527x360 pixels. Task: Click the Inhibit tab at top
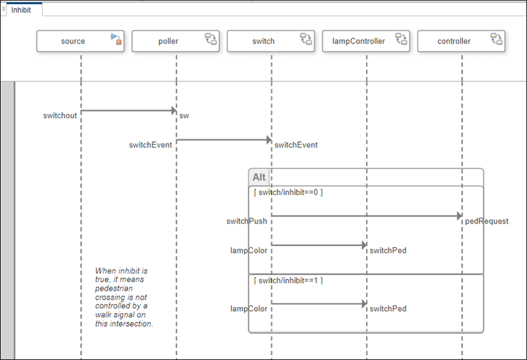[x=22, y=10]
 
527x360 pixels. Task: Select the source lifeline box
[x=73, y=41]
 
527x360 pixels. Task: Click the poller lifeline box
[x=168, y=41]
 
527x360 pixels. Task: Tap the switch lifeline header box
[x=263, y=41]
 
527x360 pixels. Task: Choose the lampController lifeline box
[x=359, y=41]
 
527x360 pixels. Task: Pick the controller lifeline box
[x=454, y=41]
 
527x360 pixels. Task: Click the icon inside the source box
[x=116, y=39]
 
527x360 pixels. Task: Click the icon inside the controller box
[x=496, y=39]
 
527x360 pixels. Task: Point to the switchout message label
[x=60, y=115]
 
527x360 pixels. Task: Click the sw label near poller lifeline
[x=184, y=115]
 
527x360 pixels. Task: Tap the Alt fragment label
[x=259, y=177]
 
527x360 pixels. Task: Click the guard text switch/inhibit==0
[x=288, y=192]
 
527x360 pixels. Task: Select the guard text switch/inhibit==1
[x=288, y=281]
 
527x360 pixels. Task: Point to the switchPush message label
[x=247, y=221]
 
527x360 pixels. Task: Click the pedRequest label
[x=486, y=221]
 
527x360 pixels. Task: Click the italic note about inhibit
[x=124, y=297]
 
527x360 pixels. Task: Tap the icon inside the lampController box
[x=401, y=39]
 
